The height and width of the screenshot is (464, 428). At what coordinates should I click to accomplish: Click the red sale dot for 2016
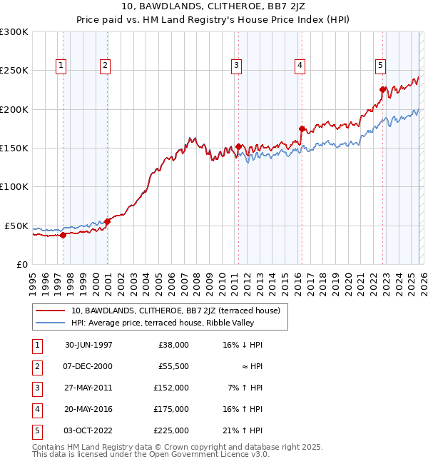click(x=302, y=129)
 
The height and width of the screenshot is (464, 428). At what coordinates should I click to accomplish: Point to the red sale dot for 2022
click(x=382, y=90)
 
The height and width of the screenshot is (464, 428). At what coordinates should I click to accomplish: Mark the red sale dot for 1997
click(x=63, y=235)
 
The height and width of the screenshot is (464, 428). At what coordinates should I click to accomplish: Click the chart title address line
click(x=213, y=9)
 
